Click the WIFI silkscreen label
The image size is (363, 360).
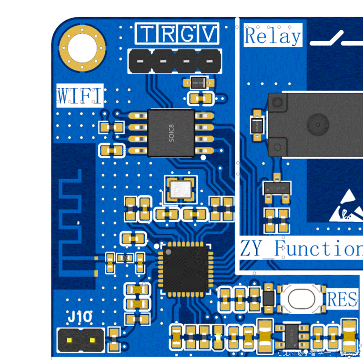pos(80,96)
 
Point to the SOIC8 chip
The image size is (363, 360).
pos(171,133)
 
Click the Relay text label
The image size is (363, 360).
pos(272,36)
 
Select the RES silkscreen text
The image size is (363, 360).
pos(342,299)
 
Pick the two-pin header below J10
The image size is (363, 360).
pos(80,339)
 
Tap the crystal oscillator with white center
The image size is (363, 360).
pos(181,189)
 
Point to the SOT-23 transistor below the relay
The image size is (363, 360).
pos(277,188)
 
